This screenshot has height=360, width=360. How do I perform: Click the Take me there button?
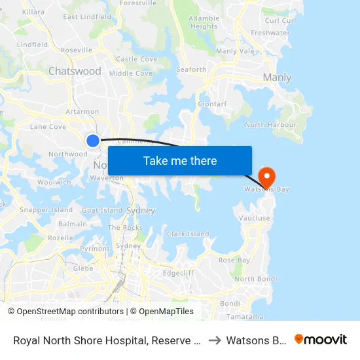[180, 160]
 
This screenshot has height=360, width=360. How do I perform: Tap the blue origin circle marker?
[93, 140]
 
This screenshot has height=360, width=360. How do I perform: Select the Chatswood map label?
[75, 71]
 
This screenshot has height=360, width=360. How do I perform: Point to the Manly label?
[276, 78]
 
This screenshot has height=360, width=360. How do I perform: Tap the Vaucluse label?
[255, 218]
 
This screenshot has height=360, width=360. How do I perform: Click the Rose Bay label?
[234, 260]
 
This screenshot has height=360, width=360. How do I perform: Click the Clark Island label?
[188, 234]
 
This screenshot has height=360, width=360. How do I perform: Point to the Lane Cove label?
[48, 126]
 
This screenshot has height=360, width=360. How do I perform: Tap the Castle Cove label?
[136, 59]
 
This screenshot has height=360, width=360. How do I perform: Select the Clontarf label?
[213, 103]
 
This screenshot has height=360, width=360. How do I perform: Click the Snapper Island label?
[46, 210]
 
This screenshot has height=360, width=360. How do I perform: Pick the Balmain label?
[72, 224]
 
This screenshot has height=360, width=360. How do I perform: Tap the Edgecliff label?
[179, 272]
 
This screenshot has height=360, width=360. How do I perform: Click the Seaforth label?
[191, 69]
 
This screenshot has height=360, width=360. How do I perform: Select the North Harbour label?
[270, 124]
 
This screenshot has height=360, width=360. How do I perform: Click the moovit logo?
[321, 339]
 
